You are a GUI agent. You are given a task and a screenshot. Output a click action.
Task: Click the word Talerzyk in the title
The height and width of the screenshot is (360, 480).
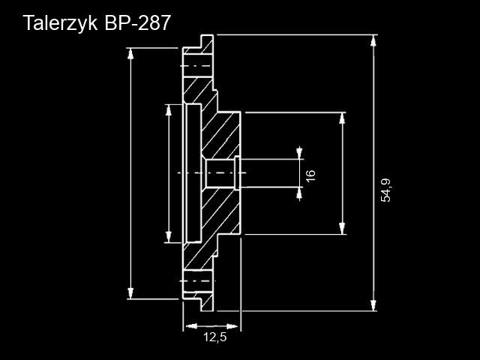click(60, 23)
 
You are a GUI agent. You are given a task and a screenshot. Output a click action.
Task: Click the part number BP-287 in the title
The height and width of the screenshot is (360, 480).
click(137, 22)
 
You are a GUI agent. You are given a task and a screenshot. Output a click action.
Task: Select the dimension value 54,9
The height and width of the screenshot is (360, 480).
click(385, 190)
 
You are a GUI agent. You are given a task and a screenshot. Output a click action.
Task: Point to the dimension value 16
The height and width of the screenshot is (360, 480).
click(310, 175)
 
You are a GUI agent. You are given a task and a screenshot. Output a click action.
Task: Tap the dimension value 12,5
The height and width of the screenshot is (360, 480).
click(215, 337)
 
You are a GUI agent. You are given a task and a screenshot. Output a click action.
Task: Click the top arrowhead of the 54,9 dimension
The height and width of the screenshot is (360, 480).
click(373, 40)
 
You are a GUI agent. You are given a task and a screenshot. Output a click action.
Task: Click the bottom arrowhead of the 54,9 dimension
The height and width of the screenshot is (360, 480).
click(373, 305)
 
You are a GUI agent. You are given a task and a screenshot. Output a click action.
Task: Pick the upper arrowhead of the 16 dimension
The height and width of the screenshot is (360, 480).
click(299, 153)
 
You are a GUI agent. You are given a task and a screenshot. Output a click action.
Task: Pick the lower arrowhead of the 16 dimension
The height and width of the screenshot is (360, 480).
click(299, 193)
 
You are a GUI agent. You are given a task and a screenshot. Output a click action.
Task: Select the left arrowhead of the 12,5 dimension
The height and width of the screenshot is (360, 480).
click(191, 326)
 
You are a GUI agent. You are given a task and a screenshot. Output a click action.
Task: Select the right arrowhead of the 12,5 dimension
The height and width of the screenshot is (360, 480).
click(232, 326)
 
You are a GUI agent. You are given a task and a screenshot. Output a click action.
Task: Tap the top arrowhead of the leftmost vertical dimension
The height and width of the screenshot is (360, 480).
click(130, 54)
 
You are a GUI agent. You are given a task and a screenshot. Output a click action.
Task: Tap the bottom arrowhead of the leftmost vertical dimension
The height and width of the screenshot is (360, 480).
click(130, 293)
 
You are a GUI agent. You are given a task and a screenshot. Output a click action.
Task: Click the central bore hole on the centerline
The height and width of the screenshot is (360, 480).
click(220, 173)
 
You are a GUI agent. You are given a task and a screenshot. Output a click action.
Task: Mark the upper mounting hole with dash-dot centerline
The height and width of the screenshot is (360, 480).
click(198, 66)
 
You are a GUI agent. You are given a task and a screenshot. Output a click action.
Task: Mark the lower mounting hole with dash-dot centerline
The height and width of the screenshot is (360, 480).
click(198, 281)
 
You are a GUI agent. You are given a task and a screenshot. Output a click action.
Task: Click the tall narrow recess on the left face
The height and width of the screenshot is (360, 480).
click(193, 173)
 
